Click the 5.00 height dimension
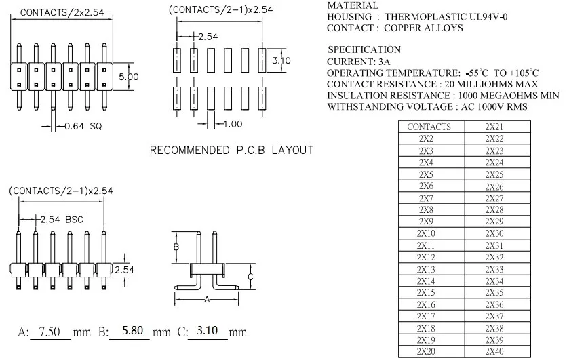[129, 77]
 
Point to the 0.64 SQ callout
[83, 126]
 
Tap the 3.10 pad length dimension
[281, 60]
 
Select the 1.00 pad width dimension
[233, 124]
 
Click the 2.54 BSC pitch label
[62, 220]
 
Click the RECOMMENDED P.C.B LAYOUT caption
[231, 150]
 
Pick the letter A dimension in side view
[207, 299]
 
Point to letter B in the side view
[176, 247]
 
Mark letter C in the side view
[250, 277]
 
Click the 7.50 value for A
[50, 331]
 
